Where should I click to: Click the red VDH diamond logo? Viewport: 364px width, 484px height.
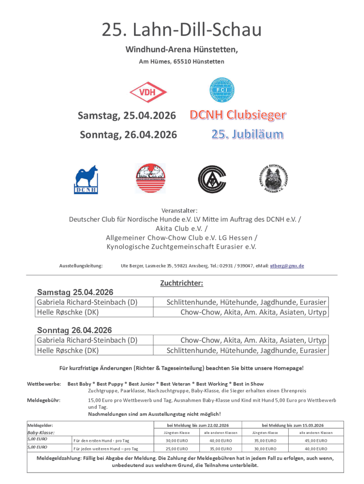pyautogui.click(x=148, y=92)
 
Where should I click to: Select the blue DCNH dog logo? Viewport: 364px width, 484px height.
pyautogui.click(x=86, y=179)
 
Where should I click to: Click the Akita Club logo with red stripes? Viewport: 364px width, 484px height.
pyautogui.click(x=150, y=178)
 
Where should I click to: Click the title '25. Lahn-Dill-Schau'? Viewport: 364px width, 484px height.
pyautogui.click(x=182, y=30)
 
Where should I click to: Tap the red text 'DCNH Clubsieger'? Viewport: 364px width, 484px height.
pyautogui.click(x=238, y=115)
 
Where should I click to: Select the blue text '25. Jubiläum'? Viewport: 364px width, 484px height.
pyautogui.click(x=247, y=134)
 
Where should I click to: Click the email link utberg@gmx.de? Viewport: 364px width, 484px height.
pyautogui.click(x=287, y=266)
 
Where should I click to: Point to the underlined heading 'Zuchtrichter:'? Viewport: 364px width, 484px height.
pyautogui.click(x=182, y=284)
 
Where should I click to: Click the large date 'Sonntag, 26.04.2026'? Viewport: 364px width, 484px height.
pyautogui.click(x=128, y=135)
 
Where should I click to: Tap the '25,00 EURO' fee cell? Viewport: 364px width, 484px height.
pyautogui.click(x=177, y=448)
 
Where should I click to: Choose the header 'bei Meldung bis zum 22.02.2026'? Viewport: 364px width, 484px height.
pyautogui.click(x=198, y=425)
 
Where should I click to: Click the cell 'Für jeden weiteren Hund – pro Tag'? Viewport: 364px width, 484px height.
pyautogui.click(x=106, y=448)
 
